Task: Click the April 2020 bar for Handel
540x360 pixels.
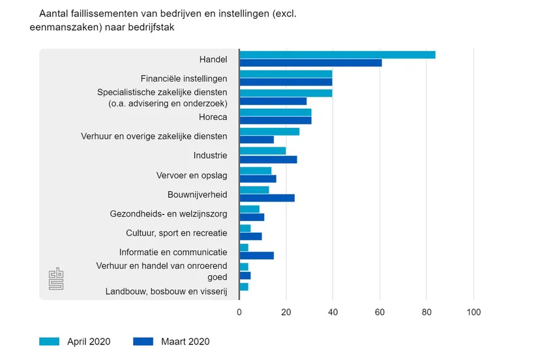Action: coord(337,55)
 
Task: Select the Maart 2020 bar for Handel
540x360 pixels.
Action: coord(310,63)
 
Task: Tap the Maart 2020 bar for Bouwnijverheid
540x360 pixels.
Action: coord(267,198)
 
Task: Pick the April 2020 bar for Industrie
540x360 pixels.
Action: coord(263,151)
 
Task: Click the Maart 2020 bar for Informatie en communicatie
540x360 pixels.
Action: coord(256,256)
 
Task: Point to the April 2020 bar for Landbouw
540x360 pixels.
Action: coord(244,287)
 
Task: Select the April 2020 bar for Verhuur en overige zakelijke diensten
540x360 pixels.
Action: coord(269,132)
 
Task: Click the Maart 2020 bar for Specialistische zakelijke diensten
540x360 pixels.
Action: coord(273,101)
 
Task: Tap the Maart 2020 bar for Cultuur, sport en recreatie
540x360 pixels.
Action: coord(250,236)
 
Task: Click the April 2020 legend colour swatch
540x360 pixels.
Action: coord(50,341)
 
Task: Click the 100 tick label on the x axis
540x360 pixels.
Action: coord(472,312)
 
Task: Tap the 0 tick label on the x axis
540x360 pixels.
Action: coord(239,312)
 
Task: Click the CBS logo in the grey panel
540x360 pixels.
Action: coord(56,279)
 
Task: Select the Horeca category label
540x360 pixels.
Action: coord(213,117)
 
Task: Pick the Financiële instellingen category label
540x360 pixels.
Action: coord(184,78)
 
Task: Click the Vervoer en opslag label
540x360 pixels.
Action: coord(192,175)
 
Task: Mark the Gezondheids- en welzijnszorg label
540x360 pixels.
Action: coord(168,213)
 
